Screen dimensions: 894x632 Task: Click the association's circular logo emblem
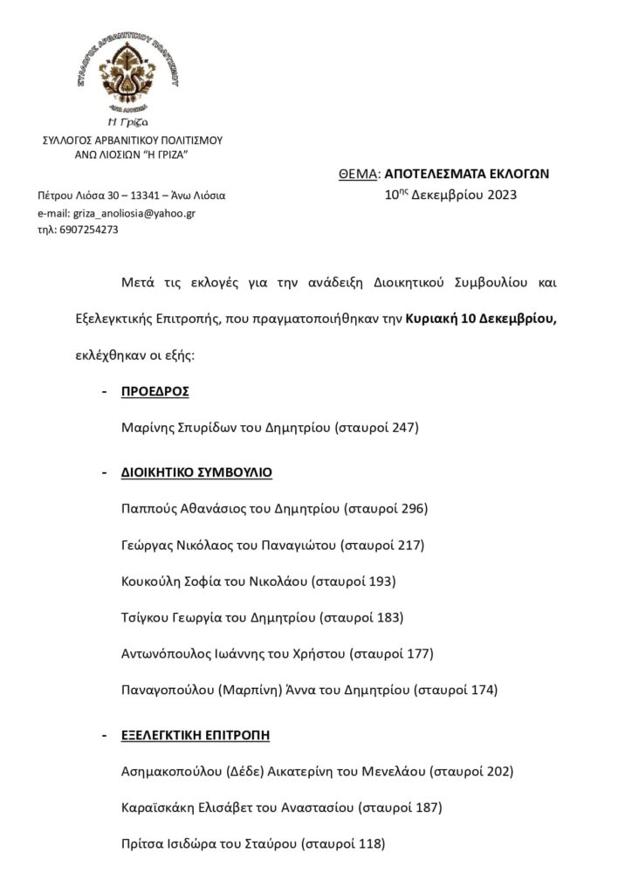[134, 74]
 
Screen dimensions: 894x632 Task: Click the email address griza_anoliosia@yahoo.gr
[122, 213]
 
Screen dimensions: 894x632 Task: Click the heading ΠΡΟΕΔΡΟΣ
[155, 391]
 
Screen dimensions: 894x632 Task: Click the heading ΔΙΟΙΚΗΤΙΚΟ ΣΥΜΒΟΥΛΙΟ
[196, 472]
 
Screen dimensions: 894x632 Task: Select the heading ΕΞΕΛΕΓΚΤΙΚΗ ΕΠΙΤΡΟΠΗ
[196, 735]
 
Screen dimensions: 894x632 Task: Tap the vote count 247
[404, 428]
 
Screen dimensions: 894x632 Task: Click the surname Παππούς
[144, 509]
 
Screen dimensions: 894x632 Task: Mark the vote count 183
[388, 618]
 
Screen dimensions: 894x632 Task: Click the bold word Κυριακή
[430, 320]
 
